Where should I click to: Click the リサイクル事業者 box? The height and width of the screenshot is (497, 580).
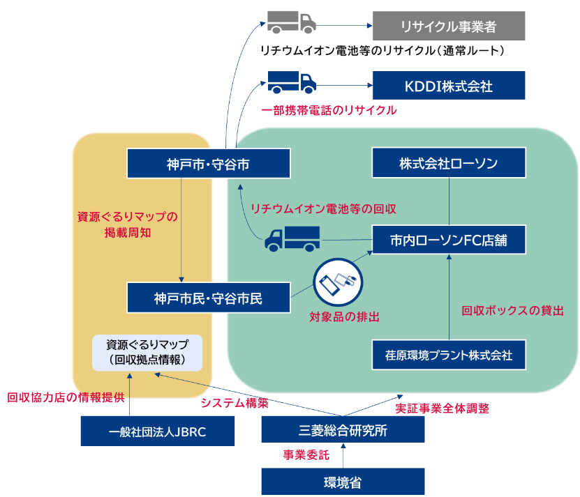point(448,26)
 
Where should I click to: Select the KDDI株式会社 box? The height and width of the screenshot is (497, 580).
point(448,86)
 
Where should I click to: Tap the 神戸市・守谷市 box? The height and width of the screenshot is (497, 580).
point(209,164)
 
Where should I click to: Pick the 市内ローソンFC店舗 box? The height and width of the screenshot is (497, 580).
point(448,240)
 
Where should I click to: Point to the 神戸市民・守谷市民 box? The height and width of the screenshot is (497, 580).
point(209,298)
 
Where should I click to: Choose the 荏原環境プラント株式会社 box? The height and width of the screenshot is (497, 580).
point(448,355)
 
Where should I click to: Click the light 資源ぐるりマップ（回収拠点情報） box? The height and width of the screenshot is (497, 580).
point(147,352)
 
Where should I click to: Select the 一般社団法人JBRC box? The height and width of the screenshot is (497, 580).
point(157,431)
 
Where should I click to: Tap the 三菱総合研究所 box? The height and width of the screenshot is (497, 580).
point(343,430)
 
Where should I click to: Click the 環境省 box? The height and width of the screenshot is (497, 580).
point(343,482)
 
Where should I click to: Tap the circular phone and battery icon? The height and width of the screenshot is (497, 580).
point(337,282)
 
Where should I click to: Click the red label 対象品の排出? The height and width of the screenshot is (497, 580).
point(344,317)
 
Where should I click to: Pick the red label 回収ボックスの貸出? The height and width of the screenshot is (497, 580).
point(512,311)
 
